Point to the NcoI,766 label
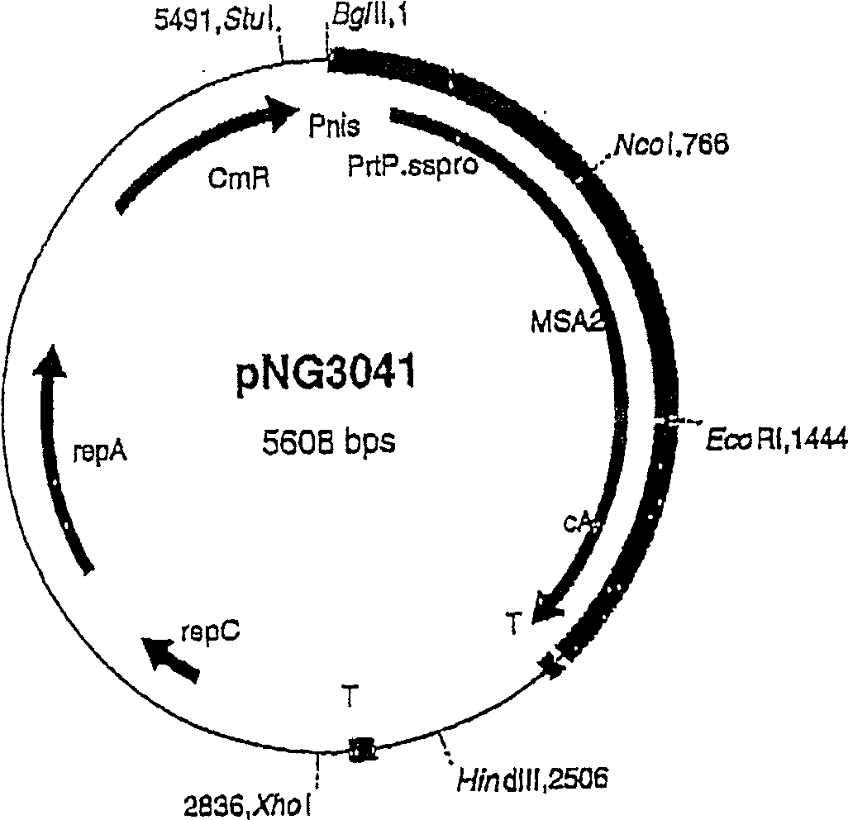670,146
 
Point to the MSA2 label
566,319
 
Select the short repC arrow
169,658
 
